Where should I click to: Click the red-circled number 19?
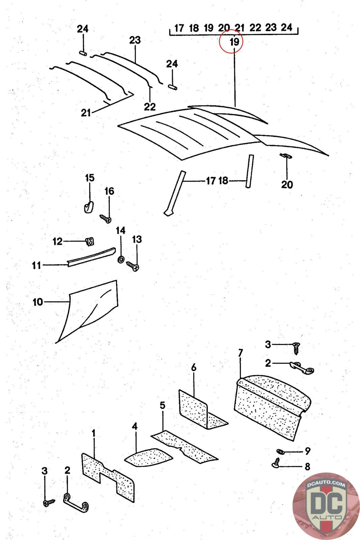tap(234, 42)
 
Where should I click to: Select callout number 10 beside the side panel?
tap(38, 301)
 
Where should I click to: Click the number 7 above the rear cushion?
tap(240, 353)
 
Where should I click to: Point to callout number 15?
tap(90, 178)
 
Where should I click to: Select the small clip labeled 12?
tap(90, 241)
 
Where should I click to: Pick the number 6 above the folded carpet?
tap(194, 368)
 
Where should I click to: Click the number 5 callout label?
tap(163, 405)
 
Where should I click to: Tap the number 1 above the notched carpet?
tap(94, 432)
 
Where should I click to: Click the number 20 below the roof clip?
tap(287, 185)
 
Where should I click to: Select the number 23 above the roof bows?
tap(135, 40)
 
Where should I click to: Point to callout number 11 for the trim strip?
tap(36, 265)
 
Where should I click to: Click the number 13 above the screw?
tap(137, 239)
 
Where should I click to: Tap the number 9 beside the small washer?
tap(307, 451)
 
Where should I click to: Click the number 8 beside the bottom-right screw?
tap(307, 466)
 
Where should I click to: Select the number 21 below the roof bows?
tap(86, 112)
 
